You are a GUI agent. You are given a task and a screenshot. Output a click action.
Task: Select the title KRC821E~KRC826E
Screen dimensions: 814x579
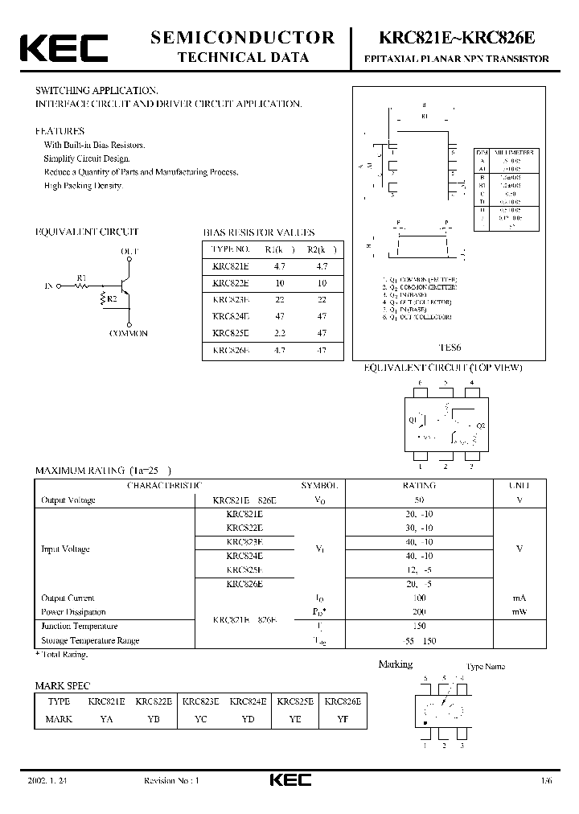coord(457,38)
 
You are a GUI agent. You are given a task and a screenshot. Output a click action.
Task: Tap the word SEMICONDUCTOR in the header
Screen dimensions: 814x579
coord(242,37)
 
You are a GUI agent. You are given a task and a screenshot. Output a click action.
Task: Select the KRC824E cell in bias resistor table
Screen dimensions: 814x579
coord(231,316)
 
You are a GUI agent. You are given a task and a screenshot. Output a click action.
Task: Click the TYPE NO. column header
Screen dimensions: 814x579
coord(231,249)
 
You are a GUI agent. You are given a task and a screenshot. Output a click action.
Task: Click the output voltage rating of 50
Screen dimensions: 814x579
coord(418,500)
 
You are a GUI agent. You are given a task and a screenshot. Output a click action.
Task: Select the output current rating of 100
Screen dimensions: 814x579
coord(418,598)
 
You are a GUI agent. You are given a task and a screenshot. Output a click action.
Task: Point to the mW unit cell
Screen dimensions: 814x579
coord(519,612)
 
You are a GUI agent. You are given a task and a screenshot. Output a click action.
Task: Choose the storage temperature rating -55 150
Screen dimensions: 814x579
coord(418,640)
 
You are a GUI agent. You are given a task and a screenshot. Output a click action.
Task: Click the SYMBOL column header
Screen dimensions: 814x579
coord(319,486)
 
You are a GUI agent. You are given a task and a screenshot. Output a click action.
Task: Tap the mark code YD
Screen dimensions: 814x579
coord(246,718)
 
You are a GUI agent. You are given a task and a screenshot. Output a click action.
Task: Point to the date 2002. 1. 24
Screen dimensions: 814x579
coord(47,780)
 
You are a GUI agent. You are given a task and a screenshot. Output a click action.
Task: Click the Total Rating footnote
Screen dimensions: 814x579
coord(62,655)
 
